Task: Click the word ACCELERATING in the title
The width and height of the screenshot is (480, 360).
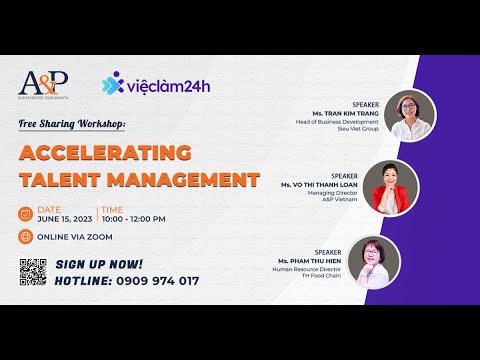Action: [x=106, y=154]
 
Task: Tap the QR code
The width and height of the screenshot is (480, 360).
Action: [x=34, y=272]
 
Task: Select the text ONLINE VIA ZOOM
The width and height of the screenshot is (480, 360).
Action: [x=76, y=237]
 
